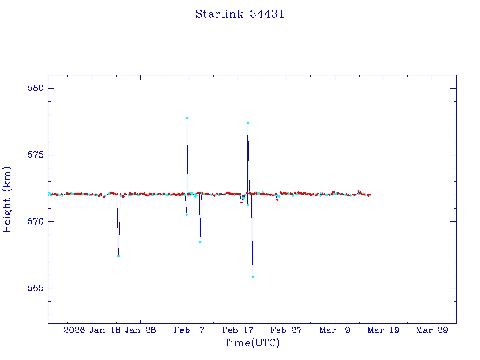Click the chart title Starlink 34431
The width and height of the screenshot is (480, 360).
click(240, 15)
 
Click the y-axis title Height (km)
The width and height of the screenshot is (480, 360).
click(7, 199)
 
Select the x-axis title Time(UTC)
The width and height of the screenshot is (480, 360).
click(252, 343)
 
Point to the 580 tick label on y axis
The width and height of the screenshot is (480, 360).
click(35, 89)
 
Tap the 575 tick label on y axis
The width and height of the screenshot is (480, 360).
click(35, 155)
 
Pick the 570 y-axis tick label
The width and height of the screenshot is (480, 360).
click(35, 221)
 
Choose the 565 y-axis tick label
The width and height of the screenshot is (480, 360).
click(35, 288)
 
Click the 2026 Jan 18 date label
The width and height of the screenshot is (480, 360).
click(92, 330)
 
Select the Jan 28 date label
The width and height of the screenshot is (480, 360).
click(141, 330)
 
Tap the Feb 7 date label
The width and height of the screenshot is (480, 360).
click(189, 330)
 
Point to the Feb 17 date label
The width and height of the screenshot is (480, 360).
click(238, 330)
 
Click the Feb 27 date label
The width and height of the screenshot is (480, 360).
click(286, 330)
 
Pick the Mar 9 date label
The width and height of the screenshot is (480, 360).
click(335, 330)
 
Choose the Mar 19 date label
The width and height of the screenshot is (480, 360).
click(383, 330)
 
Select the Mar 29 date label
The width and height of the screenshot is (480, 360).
click(432, 330)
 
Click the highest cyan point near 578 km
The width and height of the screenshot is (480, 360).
click(187, 118)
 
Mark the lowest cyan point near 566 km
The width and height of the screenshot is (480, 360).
click(253, 276)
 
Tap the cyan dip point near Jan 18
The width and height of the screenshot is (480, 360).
click(118, 256)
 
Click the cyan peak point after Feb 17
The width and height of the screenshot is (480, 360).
click(248, 123)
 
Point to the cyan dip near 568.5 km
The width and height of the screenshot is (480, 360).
click(200, 242)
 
